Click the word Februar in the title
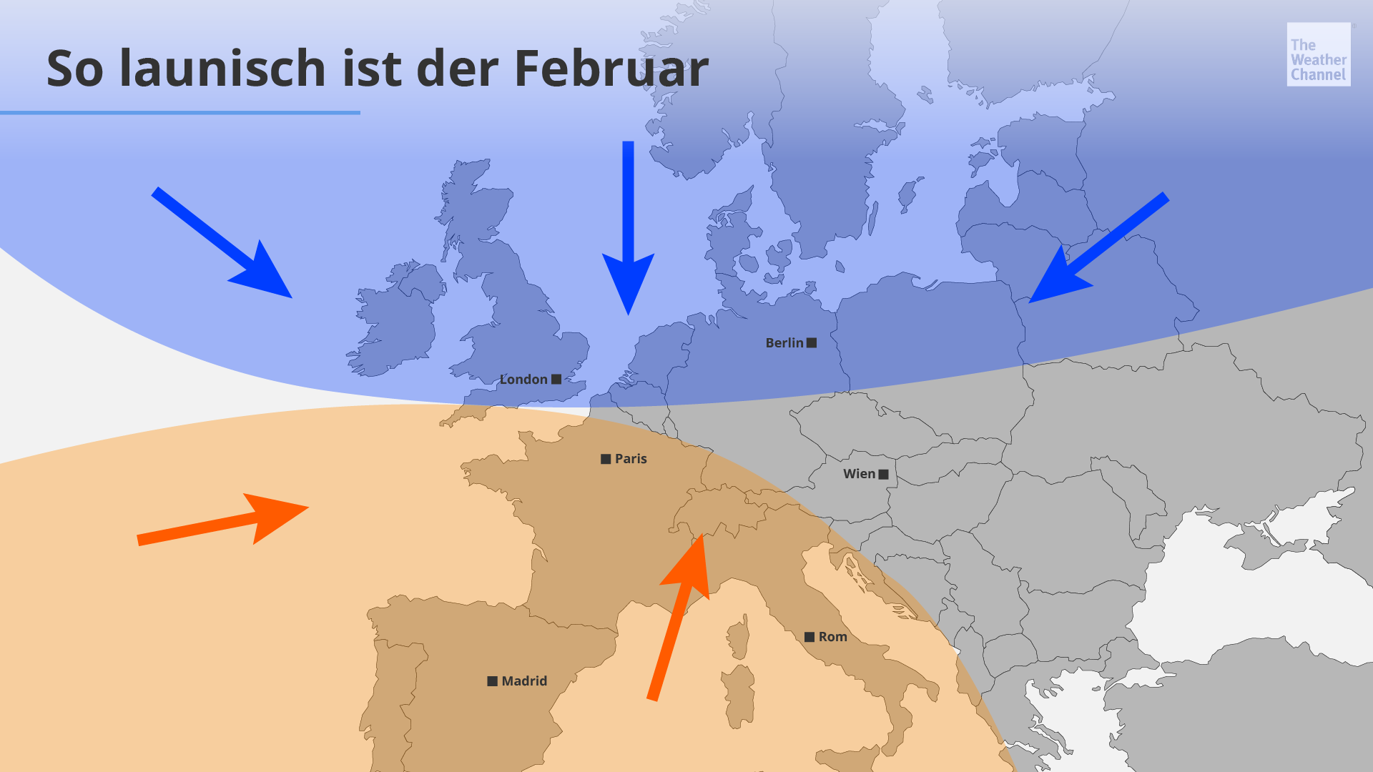click(x=611, y=69)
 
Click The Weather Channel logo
click(x=1318, y=54)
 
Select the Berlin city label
click(x=784, y=343)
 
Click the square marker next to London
click(x=556, y=380)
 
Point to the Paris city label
click(x=630, y=459)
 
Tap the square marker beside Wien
click(x=884, y=474)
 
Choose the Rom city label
click(x=832, y=637)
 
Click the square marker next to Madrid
click(x=492, y=681)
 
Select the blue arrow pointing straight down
click(x=628, y=229)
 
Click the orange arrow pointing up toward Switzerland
click(x=679, y=615)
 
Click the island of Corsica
click(x=739, y=638)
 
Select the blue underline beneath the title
click(x=179, y=112)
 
